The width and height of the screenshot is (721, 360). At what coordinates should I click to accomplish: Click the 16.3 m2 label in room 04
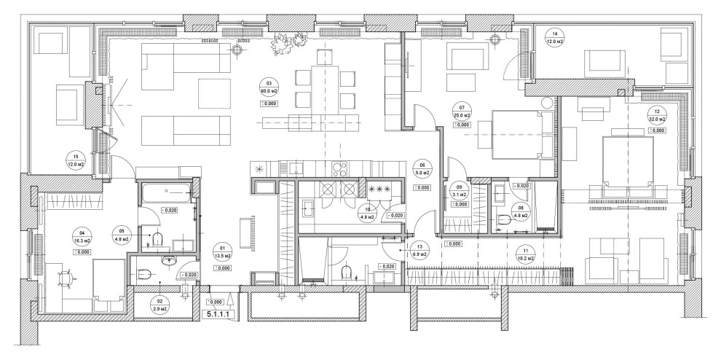[82, 240]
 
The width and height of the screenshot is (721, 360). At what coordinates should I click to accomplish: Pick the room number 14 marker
[555, 35]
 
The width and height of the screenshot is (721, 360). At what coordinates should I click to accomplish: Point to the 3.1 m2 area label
[459, 194]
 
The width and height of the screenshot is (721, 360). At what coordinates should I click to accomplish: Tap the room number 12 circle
[657, 111]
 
